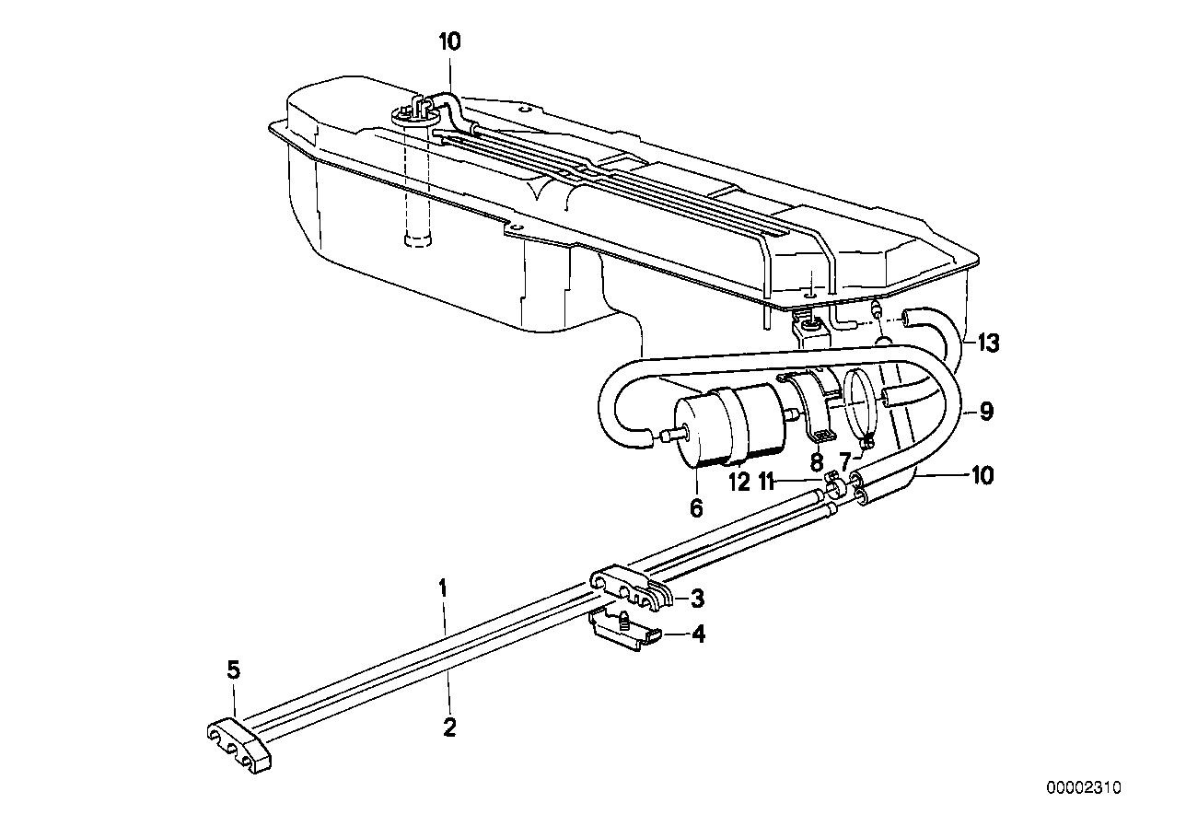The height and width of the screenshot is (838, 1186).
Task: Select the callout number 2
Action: tap(448, 727)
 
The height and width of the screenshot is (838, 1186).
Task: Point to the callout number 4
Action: tap(698, 634)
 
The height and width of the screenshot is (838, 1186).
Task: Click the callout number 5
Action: tap(234, 669)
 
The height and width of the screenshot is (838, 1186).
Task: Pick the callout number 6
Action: tap(695, 506)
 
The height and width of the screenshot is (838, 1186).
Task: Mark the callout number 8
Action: tap(815, 463)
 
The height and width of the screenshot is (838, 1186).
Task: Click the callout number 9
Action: tap(986, 411)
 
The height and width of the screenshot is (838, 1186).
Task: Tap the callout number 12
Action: tap(740, 482)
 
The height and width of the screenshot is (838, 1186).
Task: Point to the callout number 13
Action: tap(987, 343)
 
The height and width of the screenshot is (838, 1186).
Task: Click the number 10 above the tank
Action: tap(450, 41)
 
